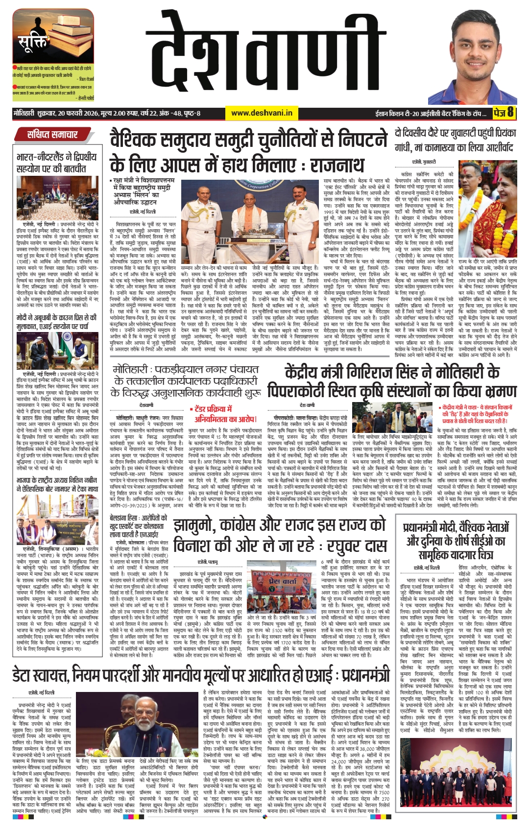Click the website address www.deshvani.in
pyautogui.click(x=262, y=113)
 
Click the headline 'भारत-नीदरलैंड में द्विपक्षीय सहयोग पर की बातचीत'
pyautogui.click(x=57, y=163)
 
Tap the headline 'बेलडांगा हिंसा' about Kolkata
pyautogui.click(x=139, y=526)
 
